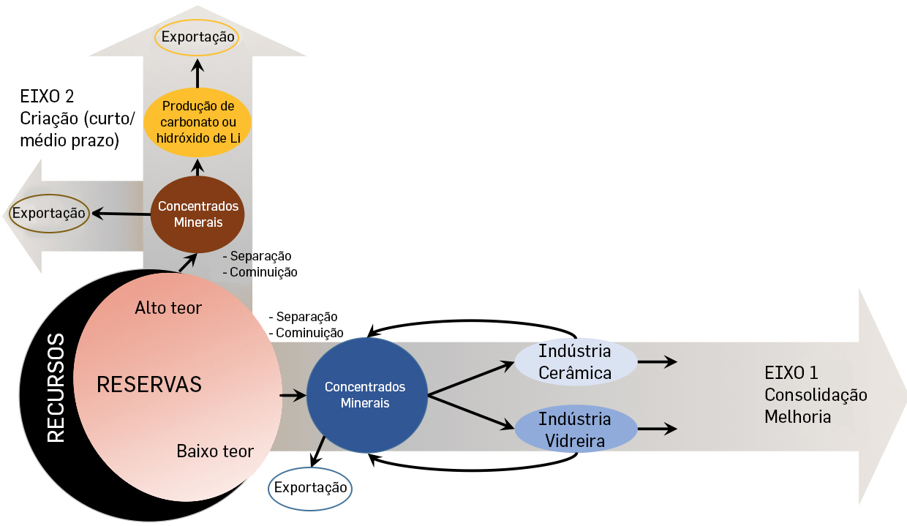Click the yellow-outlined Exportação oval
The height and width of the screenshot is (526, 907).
click(x=197, y=36)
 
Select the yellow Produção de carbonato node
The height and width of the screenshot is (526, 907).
click(x=197, y=122)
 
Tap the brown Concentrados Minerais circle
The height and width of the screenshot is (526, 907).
click(x=197, y=214)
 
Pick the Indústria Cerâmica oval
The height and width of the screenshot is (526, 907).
click(x=574, y=361)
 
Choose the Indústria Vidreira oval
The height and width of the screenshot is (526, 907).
click(x=574, y=430)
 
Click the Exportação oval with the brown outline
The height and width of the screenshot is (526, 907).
click(x=48, y=214)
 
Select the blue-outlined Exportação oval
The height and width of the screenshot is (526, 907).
click(x=310, y=486)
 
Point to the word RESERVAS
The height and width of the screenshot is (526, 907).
click(x=148, y=385)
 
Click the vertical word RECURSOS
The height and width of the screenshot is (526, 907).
click(x=56, y=388)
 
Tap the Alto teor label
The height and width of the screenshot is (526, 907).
click(x=168, y=307)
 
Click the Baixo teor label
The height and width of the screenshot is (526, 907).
click(x=215, y=451)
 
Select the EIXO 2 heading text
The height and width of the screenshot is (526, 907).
click(x=48, y=96)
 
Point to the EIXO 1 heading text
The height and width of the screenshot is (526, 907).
click(x=791, y=374)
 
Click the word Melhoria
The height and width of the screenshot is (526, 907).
click(x=797, y=416)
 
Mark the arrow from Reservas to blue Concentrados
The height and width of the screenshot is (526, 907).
click(x=293, y=397)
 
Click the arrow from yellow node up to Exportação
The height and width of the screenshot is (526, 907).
click(x=197, y=75)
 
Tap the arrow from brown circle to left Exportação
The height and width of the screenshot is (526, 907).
click(x=121, y=214)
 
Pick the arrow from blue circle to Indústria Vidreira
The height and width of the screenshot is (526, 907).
click(x=472, y=411)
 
